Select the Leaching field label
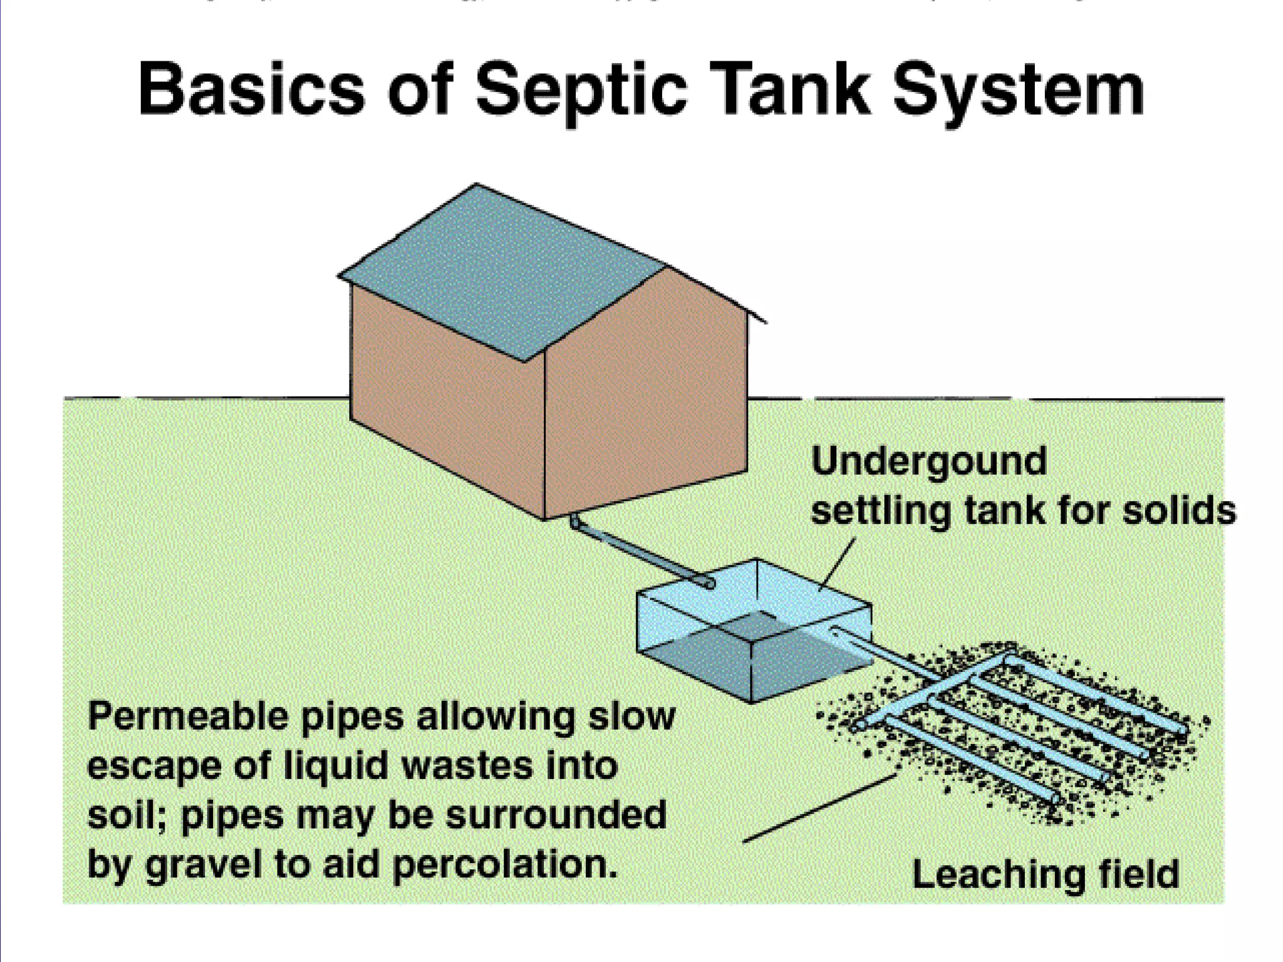coord(1045,874)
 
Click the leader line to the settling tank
coord(838,564)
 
